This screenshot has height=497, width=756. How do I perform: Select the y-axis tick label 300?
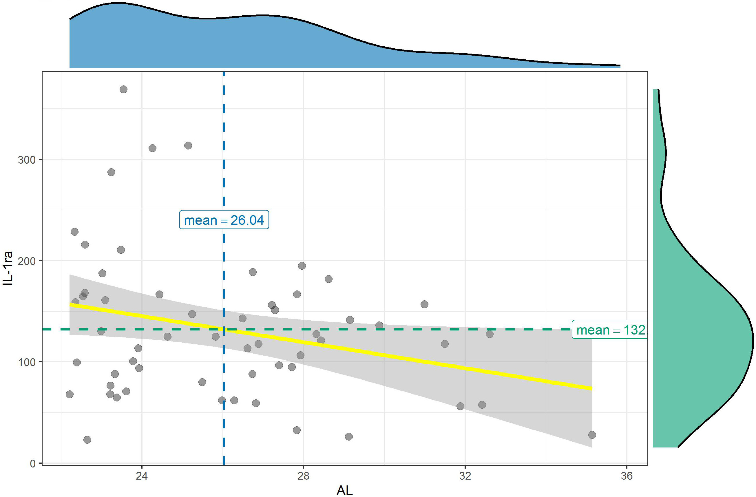(27, 160)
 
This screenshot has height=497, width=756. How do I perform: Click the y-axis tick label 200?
(27, 261)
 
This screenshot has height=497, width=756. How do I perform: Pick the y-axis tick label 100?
(27, 362)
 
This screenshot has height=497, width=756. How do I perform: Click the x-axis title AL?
(344, 490)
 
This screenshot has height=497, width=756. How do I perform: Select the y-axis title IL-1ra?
(8, 268)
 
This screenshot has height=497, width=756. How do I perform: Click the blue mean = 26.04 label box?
(224, 220)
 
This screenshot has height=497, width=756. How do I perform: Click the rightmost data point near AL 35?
(592, 435)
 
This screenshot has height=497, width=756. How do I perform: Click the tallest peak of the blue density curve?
(118, 3)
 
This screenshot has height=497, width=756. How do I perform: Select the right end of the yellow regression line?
(591, 388)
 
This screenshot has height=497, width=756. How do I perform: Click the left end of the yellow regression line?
(70, 305)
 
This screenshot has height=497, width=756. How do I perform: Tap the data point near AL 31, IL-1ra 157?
(424, 304)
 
